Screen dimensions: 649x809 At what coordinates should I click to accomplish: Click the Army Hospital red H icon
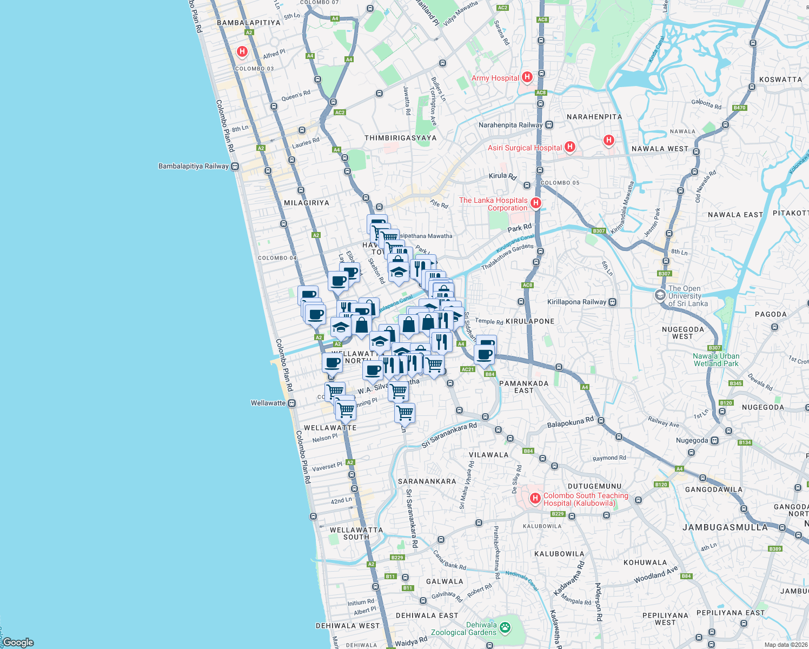pyautogui.click(x=527, y=77)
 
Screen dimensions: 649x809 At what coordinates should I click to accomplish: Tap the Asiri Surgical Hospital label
pyautogui.click(x=525, y=148)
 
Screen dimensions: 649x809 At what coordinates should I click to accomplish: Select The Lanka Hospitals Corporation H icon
pyautogui.click(x=536, y=203)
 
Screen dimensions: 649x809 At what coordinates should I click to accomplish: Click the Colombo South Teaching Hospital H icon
pyautogui.click(x=535, y=499)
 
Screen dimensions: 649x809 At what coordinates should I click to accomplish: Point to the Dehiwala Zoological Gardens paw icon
pyautogui.click(x=505, y=628)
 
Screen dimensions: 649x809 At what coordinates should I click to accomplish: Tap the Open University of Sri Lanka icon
pyautogui.click(x=660, y=295)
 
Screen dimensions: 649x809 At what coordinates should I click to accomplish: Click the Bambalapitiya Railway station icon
pyautogui.click(x=235, y=167)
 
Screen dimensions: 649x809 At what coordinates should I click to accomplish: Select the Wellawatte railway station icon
pyautogui.click(x=292, y=403)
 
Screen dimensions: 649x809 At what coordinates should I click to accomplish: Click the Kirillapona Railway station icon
pyautogui.click(x=613, y=302)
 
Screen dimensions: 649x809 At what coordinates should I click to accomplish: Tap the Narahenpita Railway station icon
pyautogui.click(x=549, y=125)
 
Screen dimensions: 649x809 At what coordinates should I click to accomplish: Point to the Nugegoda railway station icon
pyautogui.click(x=715, y=441)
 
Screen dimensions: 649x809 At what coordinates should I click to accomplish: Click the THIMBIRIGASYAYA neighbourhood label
pyautogui.click(x=400, y=138)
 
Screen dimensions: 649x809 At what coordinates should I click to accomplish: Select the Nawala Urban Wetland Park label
pyautogui.click(x=716, y=360)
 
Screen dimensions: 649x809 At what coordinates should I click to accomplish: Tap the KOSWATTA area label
pyautogui.click(x=780, y=80)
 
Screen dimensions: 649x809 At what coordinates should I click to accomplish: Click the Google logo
pyautogui.click(x=18, y=643)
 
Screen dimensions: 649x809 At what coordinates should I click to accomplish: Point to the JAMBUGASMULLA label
pyautogui.click(x=725, y=527)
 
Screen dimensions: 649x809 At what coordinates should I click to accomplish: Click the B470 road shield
pyautogui.click(x=739, y=108)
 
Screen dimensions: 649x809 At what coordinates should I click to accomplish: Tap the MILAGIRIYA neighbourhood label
pyautogui.click(x=307, y=203)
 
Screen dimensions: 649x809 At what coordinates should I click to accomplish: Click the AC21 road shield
pyautogui.click(x=467, y=369)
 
